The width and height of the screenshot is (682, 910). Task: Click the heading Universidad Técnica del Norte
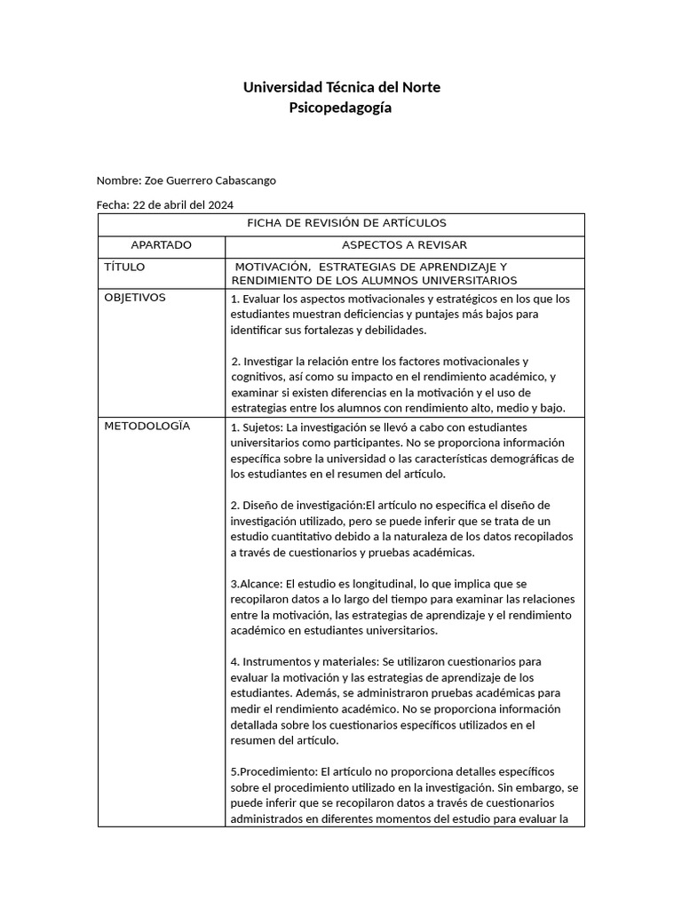tap(341, 87)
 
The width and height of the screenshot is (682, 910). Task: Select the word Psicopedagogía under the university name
tap(341, 108)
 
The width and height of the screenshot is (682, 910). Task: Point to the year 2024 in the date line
tap(221, 204)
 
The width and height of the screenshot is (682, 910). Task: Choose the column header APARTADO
tap(161, 245)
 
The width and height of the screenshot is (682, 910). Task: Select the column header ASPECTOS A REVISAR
tap(404, 245)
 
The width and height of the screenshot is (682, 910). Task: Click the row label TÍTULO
tap(124, 267)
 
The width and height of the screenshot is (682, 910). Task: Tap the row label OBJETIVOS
tap(135, 298)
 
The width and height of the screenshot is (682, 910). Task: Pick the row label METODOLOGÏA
tap(147, 426)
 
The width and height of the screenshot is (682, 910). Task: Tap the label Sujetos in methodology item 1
tap(263, 427)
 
